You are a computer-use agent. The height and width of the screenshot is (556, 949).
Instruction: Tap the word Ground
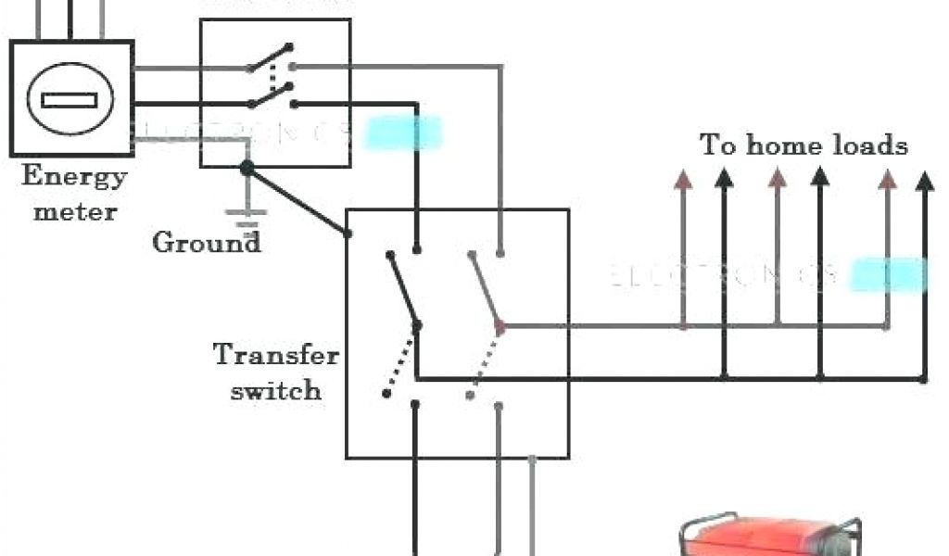pyautogui.click(x=206, y=243)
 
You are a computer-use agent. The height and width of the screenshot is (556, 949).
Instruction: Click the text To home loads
pyautogui.click(x=803, y=145)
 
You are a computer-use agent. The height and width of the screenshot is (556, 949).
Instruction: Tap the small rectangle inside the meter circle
pyautogui.click(x=70, y=99)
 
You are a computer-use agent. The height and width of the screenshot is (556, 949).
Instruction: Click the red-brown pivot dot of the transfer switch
pyautogui.click(x=500, y=326)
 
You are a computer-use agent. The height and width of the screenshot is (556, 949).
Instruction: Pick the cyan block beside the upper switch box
pyautogui.click(x=404, y=133)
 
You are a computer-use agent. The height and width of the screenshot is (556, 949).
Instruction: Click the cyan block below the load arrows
pyautogui.click(x=888, y=275)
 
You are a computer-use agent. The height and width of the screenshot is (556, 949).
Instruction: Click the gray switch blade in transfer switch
pyautogui.click(x=485, y=288)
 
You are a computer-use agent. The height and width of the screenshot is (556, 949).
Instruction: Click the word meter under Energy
pyautogui.click(x=76, y=211)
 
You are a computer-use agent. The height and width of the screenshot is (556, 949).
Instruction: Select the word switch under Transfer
pyautogui.click(x=276, y=390)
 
